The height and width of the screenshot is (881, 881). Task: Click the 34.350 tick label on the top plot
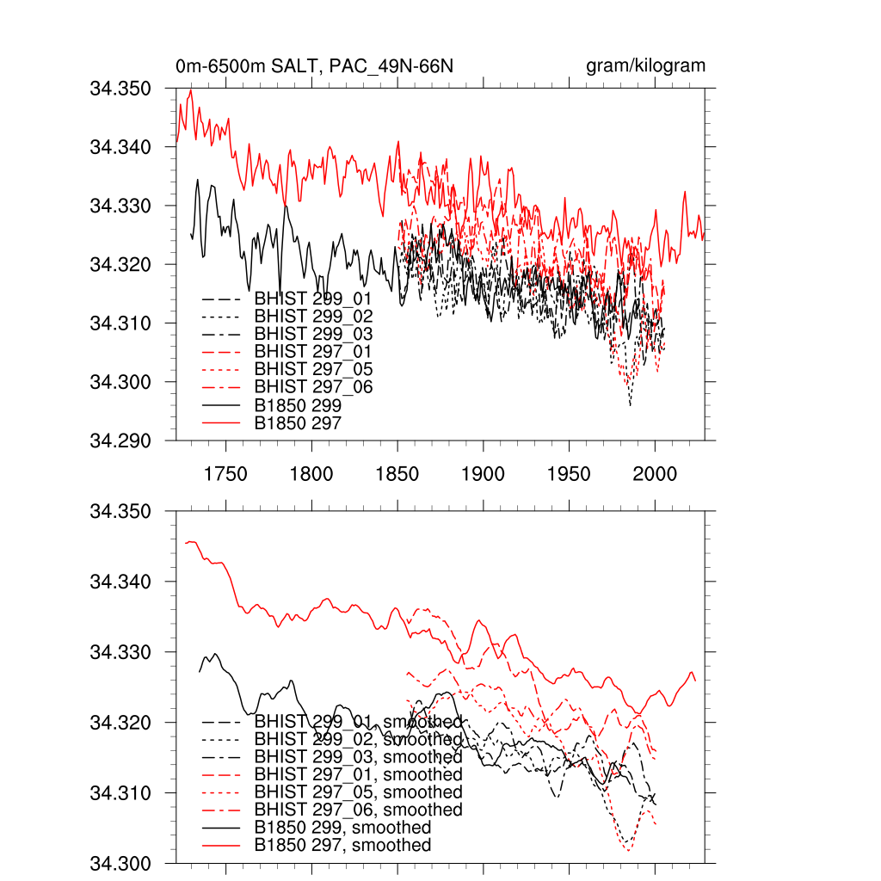point(121,89)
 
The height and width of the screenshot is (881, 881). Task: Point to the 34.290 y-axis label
point(121,440)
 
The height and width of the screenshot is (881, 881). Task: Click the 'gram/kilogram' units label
point(645,66)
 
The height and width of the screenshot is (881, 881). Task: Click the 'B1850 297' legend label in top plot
point(299,422)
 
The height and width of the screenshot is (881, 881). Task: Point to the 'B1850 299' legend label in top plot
point(299,404)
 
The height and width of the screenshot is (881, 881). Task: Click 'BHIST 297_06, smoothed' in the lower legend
point(358,810)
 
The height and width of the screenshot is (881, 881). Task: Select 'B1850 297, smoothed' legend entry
point(342,845)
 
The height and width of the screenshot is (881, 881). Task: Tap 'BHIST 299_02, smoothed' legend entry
point(358,739)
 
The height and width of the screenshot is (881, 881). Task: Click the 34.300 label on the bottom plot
point(121,863)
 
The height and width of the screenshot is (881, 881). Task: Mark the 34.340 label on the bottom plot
point(121,582)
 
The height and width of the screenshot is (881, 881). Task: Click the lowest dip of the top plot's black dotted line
point(630,405)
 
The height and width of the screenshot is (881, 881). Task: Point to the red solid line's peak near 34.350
point(191,90)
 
